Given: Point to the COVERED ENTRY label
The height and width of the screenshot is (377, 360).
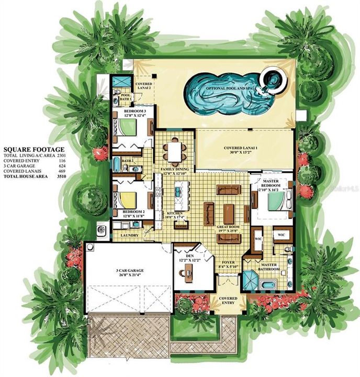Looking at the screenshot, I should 228,301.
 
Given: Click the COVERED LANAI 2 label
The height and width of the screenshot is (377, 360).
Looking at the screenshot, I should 143,86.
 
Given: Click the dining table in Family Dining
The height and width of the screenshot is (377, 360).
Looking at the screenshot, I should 173,151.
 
